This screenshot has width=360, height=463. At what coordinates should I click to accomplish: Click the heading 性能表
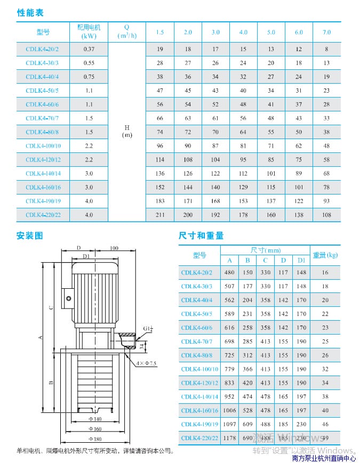30,12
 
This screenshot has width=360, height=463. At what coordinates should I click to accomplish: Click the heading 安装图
29,235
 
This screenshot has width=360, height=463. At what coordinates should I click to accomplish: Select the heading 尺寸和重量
201,235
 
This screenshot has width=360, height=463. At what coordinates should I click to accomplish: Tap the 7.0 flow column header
326,33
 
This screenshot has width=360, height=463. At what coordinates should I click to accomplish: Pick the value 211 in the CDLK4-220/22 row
160,215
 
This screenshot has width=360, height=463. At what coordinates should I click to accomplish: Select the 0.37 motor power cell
89,49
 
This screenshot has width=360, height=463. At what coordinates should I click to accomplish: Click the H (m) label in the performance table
127,131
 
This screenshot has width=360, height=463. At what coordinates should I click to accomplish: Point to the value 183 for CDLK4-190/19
160,201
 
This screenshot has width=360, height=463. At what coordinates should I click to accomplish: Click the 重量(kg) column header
325,255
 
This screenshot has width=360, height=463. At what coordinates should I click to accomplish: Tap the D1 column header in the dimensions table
301,261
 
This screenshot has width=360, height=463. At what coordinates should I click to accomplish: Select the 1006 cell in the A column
230,411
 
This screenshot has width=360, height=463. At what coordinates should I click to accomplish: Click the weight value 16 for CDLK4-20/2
325,273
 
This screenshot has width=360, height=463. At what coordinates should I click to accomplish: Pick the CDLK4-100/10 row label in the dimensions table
199,369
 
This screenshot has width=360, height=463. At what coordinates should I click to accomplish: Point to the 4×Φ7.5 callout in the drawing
146,363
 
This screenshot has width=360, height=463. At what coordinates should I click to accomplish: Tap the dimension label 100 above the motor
114,248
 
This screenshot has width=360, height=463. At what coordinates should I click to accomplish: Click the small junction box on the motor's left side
68,296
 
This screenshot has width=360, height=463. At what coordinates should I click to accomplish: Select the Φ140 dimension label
94,419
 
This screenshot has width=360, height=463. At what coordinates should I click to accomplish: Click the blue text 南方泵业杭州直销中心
324,458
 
